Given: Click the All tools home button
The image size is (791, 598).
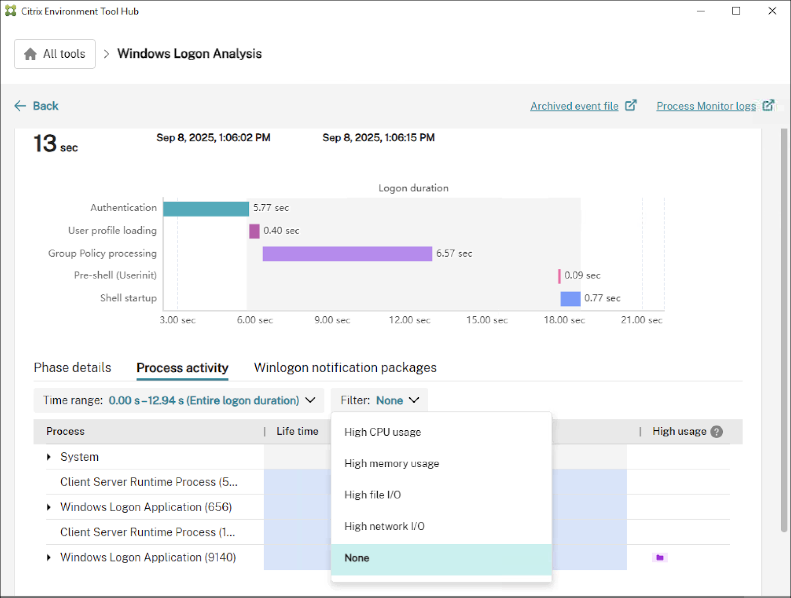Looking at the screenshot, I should point(55,54).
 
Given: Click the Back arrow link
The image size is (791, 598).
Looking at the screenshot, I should point(37,106).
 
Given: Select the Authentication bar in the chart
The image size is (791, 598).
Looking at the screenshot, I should point(206,209).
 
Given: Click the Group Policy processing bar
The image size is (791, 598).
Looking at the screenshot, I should point(347,254).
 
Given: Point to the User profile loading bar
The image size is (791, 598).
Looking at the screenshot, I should point(254,231).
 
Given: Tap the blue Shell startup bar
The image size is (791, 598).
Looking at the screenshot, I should point(570,299).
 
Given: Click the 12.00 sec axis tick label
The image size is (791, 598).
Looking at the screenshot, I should point(409,320).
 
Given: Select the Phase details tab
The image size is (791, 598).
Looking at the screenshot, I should point(73,368).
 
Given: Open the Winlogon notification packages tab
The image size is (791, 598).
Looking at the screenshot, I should point(345,368).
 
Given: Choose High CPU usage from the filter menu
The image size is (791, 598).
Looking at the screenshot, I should point(383,432).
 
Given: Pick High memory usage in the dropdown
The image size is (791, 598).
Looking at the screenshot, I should point(392,464).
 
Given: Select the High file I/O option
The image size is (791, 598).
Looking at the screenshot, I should point(373,495).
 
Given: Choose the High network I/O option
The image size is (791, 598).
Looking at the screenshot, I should point(385,526).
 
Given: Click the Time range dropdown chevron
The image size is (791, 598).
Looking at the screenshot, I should point(310,400).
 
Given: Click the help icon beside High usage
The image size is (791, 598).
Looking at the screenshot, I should point(716,432).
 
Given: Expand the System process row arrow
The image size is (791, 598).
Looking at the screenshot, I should point(48,457).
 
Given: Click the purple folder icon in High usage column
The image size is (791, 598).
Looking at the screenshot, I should point(660,558).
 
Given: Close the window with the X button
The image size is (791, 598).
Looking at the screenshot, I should point(772,11).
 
